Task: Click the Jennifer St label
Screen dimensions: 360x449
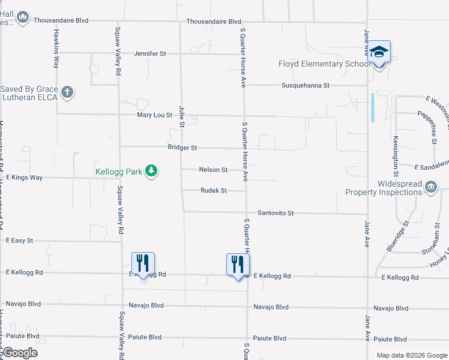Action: click(x=149, y=53)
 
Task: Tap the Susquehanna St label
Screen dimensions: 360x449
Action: click(x=306, y=86)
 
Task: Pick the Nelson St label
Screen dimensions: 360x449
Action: click(x=213, y=170)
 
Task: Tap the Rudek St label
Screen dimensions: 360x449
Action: click(x=214, y=191)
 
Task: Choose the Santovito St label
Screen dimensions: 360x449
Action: click(x=276, y=213)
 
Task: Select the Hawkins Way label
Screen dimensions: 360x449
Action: click(x=56, y=42)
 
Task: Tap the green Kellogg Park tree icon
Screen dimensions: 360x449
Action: click(x=152, y=172)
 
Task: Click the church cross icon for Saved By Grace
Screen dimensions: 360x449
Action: click(x=68, y=92)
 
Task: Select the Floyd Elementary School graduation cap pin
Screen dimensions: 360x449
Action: click(x=379, y=52)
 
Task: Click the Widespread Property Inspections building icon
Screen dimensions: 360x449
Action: click(x=430, y=188)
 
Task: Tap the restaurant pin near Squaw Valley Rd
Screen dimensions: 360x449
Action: click(x=143, y=263)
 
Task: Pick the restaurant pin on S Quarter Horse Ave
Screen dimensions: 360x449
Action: click(x=238, y=264)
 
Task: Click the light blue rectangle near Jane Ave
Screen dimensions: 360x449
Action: click(x=373, y=107)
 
